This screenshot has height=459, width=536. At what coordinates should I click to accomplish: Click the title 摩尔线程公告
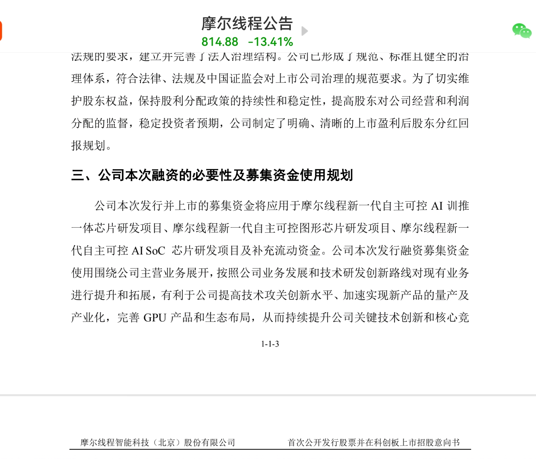click(247, 24)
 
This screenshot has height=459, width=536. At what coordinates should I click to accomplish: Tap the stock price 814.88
click(220, 42)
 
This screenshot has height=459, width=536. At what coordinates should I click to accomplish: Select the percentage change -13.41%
click(271, 42)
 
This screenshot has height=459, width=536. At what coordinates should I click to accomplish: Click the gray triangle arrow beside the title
click(304, 31)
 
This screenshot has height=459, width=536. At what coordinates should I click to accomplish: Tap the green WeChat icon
click(522, 31)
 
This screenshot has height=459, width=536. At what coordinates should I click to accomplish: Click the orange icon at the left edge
click(1, 31)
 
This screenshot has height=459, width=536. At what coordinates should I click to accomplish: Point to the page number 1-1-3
click(270, 344)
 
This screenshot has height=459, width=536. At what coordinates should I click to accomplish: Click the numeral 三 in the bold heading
click(78, 175)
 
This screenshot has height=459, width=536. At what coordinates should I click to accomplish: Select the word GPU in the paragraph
click(154, 318)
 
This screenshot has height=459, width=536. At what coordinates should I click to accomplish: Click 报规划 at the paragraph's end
click(88, 146)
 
